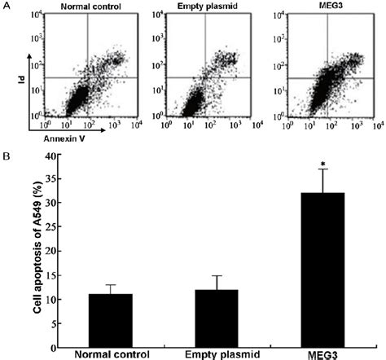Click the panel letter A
[6, 7]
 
